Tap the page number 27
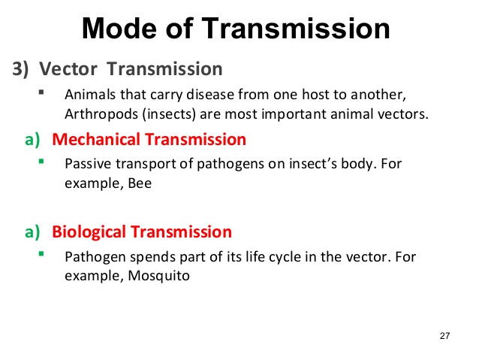pos(444,334)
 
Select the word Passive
pos(87,164)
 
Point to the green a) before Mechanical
pos(32,140)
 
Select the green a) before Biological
pos(32,232)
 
